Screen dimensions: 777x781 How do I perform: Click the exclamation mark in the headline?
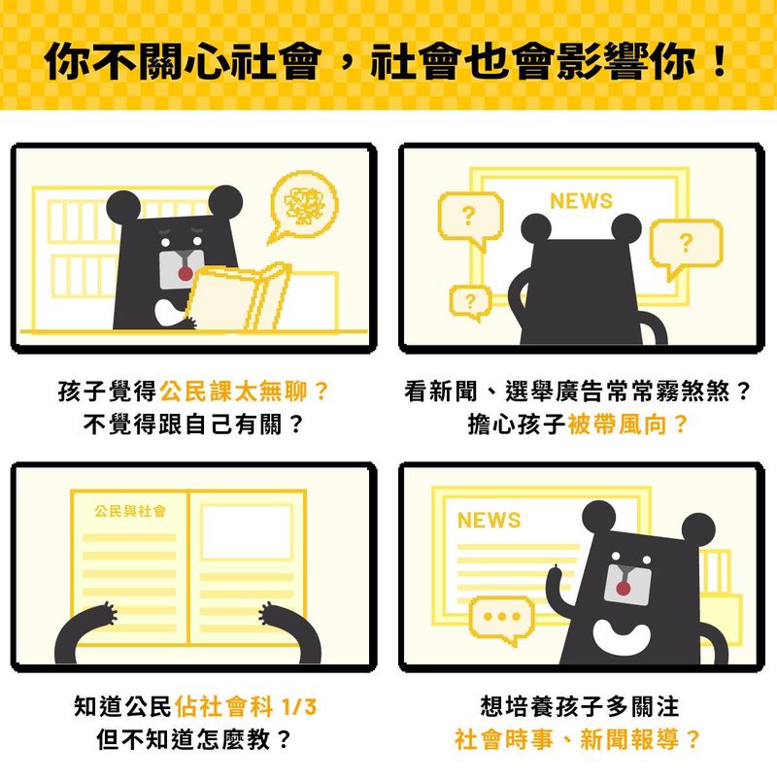[x=720, y=62]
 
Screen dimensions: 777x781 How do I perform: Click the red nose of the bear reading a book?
[x=186, y=274]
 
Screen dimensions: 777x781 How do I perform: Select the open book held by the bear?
[x=238, y=298]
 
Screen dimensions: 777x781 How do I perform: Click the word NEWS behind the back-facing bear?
[x=581, y=201]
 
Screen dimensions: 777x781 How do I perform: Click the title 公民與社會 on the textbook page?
[x=130, y=511]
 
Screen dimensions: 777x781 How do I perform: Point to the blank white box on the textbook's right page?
[x=247, y=532]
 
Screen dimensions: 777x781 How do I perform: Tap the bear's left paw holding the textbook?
[x=106, y=614]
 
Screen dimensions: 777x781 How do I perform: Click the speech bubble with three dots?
[x=501, y=619]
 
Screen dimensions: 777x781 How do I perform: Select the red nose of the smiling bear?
[x=624, y=589]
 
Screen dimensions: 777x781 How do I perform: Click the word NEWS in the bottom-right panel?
[x=490, y=521]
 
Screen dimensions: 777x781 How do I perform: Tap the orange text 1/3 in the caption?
[x=299, y=707]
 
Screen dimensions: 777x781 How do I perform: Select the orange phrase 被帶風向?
[x=617, y=424]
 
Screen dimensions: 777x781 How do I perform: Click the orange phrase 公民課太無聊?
[x=232, y=391]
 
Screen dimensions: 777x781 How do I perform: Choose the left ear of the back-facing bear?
[x=536, y=228]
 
